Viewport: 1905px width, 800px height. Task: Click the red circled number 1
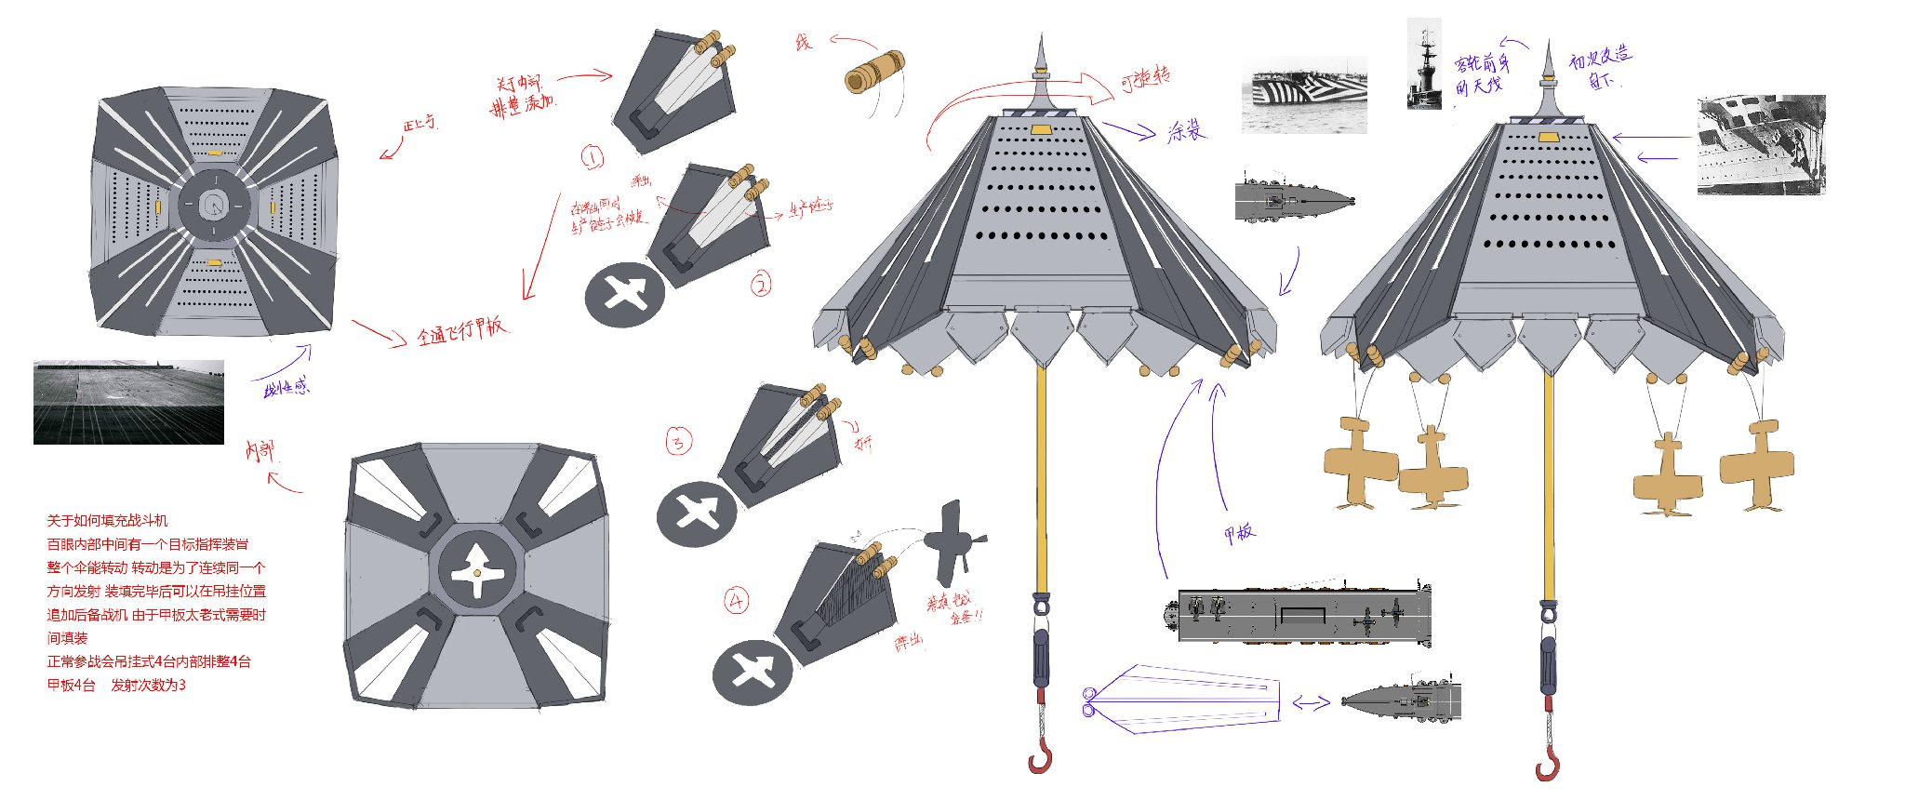(593, 158)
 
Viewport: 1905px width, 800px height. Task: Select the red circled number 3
(678, 441)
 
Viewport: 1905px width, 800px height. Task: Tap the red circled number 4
(737, 601)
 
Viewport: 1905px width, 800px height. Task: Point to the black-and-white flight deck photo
(128, 402)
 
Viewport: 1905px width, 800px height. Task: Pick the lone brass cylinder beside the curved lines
(874, 71)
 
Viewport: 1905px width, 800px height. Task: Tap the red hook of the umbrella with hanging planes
(1548, 765)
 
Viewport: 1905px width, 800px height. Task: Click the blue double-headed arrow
(1312, 704)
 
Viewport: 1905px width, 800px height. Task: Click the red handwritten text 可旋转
(1146, 79)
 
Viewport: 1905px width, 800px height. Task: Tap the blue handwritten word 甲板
(1239, 533)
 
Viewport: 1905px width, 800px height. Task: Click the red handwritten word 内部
(260, 452)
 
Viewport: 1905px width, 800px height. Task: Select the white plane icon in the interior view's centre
(477, 568)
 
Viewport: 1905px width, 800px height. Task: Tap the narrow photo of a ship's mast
(1424, 63)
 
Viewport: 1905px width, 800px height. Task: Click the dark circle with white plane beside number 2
(625, 294)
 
